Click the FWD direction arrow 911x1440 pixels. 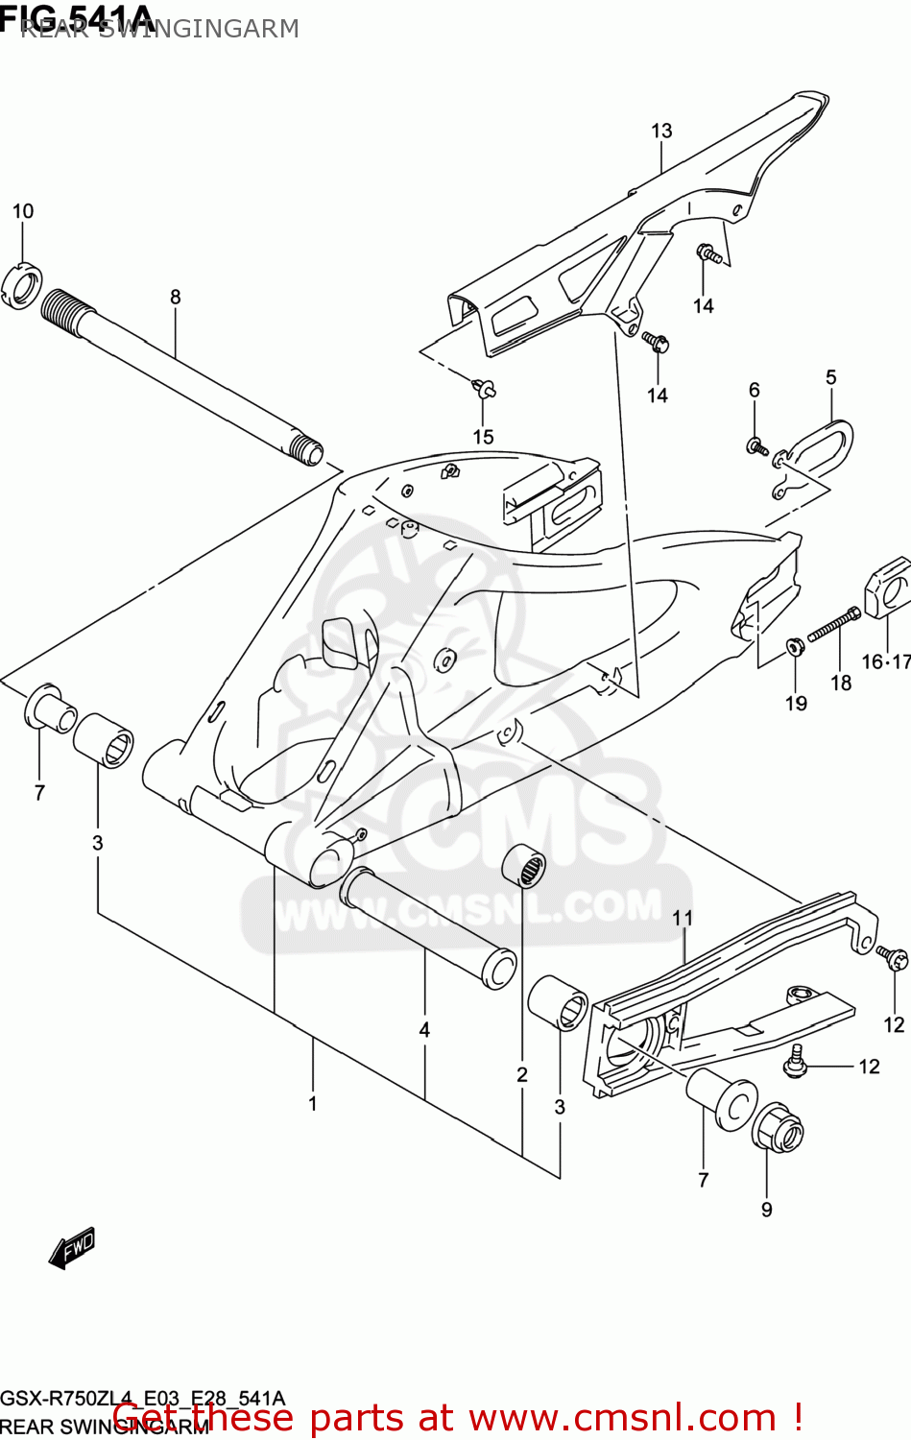point(72,1248)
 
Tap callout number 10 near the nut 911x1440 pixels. point(23,211)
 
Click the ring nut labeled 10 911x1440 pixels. point(23,286)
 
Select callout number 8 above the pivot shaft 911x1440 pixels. point(176,298)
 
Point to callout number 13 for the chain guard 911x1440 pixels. point(661,132)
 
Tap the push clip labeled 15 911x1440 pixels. point(484,389)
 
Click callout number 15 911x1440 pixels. point(483,437)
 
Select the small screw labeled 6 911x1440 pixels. point(755,445)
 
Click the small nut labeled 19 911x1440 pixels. point(794,646)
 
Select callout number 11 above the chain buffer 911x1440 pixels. point(683,919)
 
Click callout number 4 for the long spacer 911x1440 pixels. point(424,1030)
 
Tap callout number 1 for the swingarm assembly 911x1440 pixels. point(313,1104)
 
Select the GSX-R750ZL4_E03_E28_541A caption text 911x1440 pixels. point(142,1398)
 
